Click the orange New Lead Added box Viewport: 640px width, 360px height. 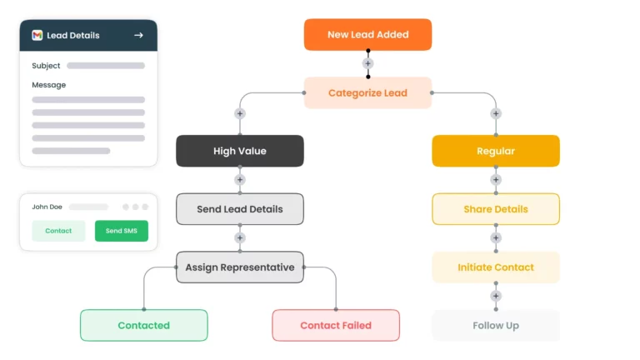367,35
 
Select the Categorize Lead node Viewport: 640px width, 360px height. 367,93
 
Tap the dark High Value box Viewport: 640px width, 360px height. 239,151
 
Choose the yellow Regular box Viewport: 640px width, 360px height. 495,151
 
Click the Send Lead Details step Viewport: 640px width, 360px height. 239,209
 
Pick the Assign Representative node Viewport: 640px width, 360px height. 239,267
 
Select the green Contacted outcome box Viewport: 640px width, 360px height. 143,325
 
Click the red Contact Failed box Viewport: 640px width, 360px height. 336,325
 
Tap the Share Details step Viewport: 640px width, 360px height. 495,209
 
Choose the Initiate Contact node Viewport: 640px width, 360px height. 495,267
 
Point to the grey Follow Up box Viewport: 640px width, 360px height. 495,325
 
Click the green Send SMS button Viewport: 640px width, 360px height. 121,231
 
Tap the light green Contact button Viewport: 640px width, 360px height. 58,231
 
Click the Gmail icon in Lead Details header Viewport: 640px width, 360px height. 37,36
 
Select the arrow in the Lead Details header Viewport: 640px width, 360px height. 138,36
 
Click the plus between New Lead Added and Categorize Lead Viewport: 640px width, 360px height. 367,63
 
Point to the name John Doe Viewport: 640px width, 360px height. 47,207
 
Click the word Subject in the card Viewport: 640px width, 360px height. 46,66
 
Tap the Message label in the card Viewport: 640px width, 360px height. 48,85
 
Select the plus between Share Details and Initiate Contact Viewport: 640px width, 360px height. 495,238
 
